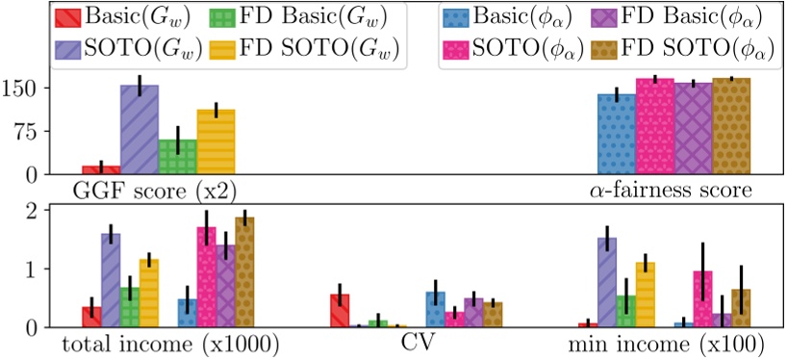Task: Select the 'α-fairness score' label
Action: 670,190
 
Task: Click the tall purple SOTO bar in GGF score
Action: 139,130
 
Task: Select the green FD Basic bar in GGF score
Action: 177,157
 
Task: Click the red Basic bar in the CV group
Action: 340,311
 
